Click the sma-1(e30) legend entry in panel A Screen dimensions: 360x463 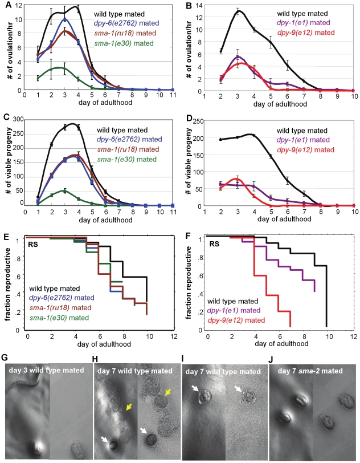coord(124,43)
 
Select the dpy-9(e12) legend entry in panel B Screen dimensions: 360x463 coord(306,33)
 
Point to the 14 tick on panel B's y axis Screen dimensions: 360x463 coord(198,5)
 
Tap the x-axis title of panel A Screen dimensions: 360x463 coord(105,103)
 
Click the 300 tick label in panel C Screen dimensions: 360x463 coord(18,119)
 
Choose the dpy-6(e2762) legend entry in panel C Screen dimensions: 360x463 coord(129,139)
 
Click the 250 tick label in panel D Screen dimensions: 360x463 coord(198,120)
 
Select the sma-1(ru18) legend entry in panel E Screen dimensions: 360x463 coord(60,308)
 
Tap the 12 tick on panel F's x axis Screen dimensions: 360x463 coord(354,336)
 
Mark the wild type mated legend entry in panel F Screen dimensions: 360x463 coord(233,301)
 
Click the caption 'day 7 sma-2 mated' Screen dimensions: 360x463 coord(310,371)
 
